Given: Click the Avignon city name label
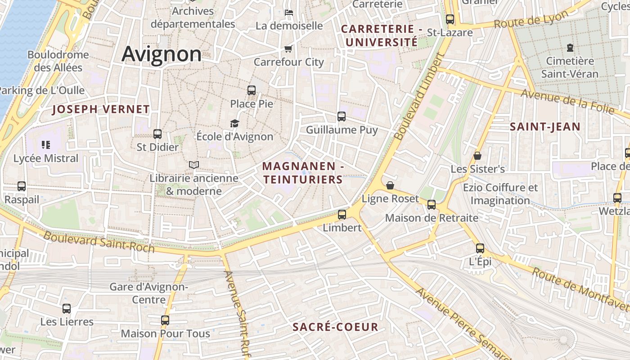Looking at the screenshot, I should [x=162, y=54].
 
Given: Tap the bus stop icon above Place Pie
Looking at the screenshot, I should [x=252, y=90].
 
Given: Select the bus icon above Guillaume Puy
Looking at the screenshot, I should [x=342, y=117].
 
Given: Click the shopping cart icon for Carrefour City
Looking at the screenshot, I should [x=288, y=49].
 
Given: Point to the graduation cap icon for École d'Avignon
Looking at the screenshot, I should [x=234, y=123].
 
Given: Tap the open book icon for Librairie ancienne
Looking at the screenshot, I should [x=194, y=165].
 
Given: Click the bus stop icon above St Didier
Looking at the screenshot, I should [x=157, y=134].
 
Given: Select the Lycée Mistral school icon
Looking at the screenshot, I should [x=45, y=145].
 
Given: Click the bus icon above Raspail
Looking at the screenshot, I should [x=21, y=186].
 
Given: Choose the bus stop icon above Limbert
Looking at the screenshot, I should [x=342, y=214].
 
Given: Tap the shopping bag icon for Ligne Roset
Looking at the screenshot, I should [x=390, y=185].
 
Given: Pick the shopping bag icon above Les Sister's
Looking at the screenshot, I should [x=477, y=156].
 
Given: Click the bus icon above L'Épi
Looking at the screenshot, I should [x=480, y=248].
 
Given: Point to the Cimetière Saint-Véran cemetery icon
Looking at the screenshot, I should [x=570, y=47].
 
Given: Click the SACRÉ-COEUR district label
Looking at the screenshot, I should [x=335, y=327].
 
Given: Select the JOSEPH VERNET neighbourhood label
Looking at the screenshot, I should [x=101, y=109].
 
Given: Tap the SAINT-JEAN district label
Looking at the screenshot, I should [x=545, y=127].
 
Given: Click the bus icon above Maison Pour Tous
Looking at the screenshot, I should [x=165, y=320].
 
